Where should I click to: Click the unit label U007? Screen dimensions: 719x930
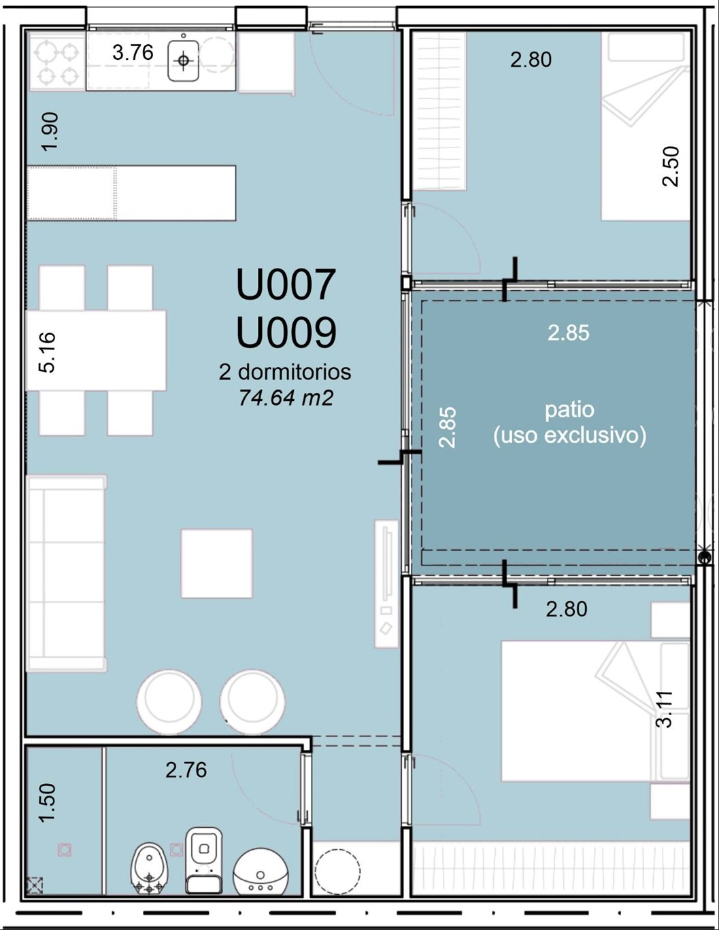(286, 285)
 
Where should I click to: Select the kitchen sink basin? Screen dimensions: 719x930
(183, 61)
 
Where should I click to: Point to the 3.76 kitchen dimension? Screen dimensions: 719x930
(133, 52)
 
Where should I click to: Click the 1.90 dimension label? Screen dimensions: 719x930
(50, 131)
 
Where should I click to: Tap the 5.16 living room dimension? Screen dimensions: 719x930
(47, 352)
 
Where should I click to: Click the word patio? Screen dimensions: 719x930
(569, 411)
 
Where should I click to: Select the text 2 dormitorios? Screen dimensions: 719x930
(285, 372)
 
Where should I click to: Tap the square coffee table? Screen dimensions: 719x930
(217, 563)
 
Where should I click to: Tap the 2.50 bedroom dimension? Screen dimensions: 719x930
(671, 167)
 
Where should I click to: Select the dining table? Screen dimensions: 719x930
(97, 351)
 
